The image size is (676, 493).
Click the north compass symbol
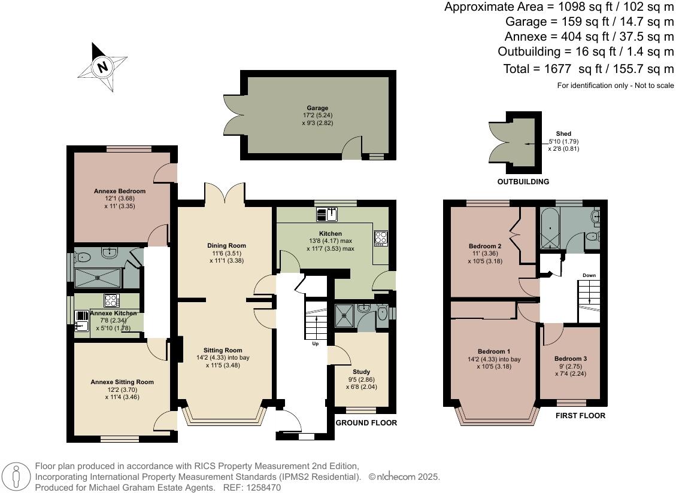(x=102, y=66)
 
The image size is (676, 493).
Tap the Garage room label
(x=318, y=108)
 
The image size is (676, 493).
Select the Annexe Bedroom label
(x=120, y=191)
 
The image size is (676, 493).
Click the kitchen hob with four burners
(x=381, y=238)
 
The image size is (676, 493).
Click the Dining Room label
(x=226, y=245)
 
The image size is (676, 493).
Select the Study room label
(x=362, y=372)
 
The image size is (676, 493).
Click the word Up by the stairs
(x=315, y=344)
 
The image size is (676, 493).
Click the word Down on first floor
(x=589, y=276)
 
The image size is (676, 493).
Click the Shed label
(x=563, y=134)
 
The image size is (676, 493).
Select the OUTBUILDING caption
(x=523, y=182)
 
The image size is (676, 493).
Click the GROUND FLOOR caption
(x=366, y=423)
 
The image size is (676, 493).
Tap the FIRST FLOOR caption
(x=580, y=415)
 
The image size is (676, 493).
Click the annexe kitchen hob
(x=112, y=300)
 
